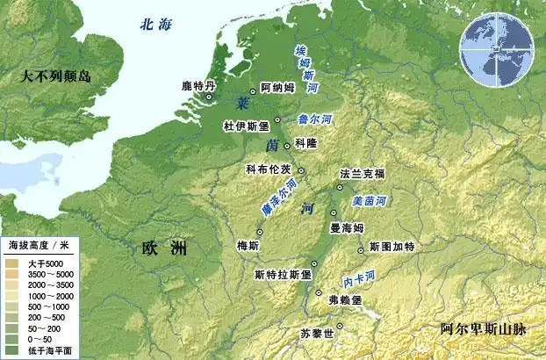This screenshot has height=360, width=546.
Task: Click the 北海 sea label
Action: (x=155, y=25)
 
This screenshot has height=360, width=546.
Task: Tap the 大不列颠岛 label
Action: (x=59, y=77)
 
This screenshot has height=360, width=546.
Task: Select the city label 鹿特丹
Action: (x=198, y=86)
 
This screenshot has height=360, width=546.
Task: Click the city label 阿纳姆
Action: (x=277, y=87)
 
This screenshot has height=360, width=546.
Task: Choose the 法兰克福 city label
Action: (x=363, y=174)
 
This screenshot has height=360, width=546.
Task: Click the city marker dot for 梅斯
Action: (x=260, y=231)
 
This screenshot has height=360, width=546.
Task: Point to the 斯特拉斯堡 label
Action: (x=284, y=274)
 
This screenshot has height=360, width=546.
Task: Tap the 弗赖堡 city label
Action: (x=345, y=299)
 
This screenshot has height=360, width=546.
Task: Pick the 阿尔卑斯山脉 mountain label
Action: (x=484, y=329)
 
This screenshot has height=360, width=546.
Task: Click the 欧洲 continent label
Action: (x=165, y=248)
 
